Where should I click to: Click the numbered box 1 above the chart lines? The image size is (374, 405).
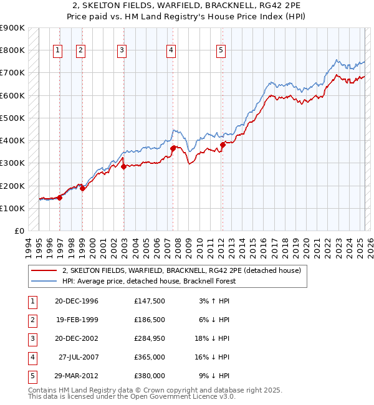57,51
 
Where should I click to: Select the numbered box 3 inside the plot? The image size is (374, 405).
122,51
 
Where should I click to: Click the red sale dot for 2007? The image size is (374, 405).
173,148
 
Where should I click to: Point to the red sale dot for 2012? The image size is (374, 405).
223,145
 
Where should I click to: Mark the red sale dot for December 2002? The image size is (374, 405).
123,166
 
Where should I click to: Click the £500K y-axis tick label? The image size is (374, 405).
12,118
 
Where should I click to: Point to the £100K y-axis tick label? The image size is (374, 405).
12,208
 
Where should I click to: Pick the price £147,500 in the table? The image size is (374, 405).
149,301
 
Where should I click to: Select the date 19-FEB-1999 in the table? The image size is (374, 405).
77,320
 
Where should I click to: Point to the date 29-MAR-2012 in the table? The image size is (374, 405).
77,376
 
